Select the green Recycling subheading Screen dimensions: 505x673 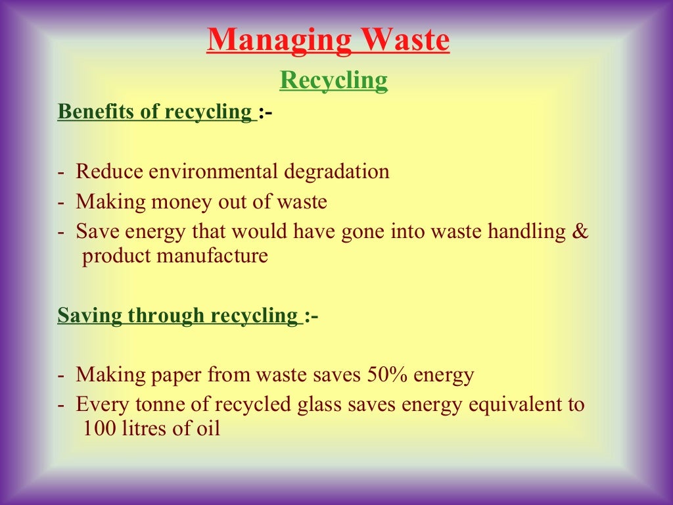334,80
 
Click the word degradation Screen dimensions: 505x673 336,172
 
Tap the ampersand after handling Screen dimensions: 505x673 580,231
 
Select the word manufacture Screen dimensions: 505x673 213,255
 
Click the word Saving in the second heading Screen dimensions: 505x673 90,316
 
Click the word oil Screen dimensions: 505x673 208,429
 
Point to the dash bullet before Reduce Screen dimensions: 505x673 61,172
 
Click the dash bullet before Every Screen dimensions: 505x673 61,405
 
